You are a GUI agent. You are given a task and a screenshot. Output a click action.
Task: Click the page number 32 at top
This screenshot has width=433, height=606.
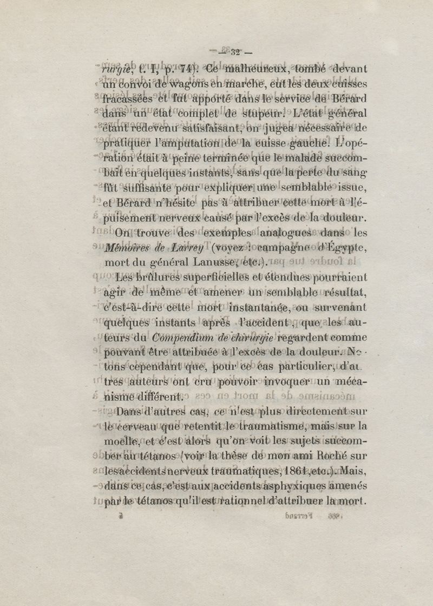click(x=235, y=52)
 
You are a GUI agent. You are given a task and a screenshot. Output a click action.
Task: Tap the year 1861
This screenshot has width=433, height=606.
click(x=321, y=470)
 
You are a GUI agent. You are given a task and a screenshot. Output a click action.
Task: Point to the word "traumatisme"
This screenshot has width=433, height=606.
click(x=267, y=426)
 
